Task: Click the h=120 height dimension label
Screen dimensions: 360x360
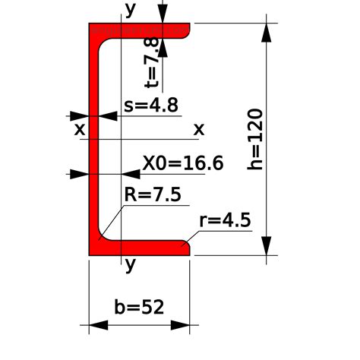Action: [255, 139]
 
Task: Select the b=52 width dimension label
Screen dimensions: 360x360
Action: [139, 307]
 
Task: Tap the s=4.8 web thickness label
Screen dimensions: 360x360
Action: [151, 105]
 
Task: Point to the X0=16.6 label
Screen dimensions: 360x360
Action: [183, 163]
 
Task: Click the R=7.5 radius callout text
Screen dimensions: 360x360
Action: [153, 194]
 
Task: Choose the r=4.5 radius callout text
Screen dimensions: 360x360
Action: [225, 219]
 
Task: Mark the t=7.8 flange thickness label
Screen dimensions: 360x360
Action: [151, 62]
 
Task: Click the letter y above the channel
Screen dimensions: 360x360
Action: [131, 10]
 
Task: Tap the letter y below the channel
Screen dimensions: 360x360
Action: [131, 265]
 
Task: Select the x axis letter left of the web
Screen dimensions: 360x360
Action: [80, 130]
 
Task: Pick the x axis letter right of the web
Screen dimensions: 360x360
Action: [199, 130]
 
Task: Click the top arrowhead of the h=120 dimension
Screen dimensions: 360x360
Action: [266, 33]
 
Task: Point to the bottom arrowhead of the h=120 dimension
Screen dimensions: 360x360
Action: [266, 246]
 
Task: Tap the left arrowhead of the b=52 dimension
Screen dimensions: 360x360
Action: [99, 325]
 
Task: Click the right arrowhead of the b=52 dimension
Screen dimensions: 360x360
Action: [180, 325]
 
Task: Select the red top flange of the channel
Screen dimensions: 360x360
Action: [140, 30]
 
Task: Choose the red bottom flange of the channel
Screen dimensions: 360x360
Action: [140, 248]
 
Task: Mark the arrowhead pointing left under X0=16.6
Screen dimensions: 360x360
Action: [131, 174]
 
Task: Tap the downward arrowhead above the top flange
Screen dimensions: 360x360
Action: [163, 14]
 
